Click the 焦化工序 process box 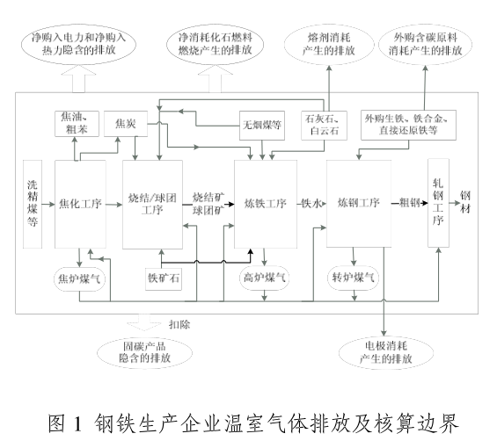pyautogui.click(x=80, y=203)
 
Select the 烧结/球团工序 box pyautogui.click(x=153, y=204)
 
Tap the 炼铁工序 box pyautogui.click(x=265, y=203)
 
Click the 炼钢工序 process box pyautogui.click(x=358, y=203)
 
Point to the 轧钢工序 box pyautogui.click(x=439, y=204)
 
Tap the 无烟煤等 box pyautogui.click(x=265, y=125)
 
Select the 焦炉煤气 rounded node pyautogui.click(x=80, y=278)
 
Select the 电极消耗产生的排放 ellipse pyautogui.click(x=385, y=351)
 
